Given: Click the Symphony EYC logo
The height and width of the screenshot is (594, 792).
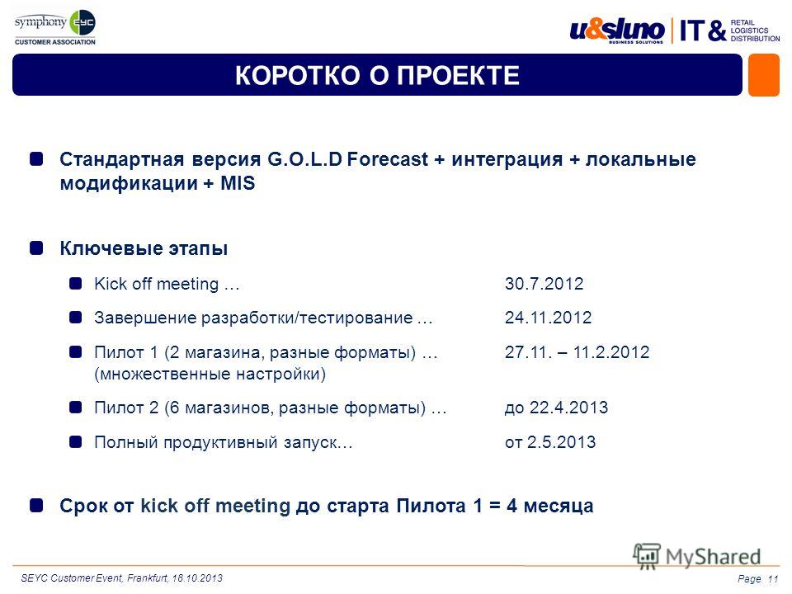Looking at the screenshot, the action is click(55, 27).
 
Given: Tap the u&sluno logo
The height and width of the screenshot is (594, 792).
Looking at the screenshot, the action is click(617, 31).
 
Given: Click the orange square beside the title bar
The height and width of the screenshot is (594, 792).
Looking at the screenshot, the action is click(764, 75).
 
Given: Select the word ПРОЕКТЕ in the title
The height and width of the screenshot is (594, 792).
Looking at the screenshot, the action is click(458, 76).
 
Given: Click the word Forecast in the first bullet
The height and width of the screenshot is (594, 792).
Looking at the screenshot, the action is click(388, 159).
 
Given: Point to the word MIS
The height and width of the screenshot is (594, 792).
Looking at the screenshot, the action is click(238, 183).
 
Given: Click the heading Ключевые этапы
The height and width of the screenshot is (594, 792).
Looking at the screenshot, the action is click(144, 248).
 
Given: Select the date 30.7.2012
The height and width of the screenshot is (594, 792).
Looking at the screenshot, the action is click(544, 283).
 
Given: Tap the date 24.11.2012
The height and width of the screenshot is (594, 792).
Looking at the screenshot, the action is click(548, 317).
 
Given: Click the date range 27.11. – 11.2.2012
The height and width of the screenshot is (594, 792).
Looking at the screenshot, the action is click(577, 351).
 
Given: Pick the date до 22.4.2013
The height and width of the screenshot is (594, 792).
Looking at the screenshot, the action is click(556, 407).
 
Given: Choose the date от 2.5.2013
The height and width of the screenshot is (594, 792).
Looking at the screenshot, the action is click(550, 442).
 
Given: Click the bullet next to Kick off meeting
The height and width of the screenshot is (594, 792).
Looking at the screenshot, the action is click(76, 284).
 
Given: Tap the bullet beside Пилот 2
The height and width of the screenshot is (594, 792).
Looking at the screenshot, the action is click(76, 407).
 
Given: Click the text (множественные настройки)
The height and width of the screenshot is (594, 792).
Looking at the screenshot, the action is click(210, 375).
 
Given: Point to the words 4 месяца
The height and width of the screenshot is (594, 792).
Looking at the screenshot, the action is click(550, 506).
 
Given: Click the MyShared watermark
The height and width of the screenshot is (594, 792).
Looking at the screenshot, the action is click(697, 557).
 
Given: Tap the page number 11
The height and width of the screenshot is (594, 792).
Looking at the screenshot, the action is click(773, 579).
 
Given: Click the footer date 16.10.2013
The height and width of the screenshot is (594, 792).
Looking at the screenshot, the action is click(197, 577).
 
